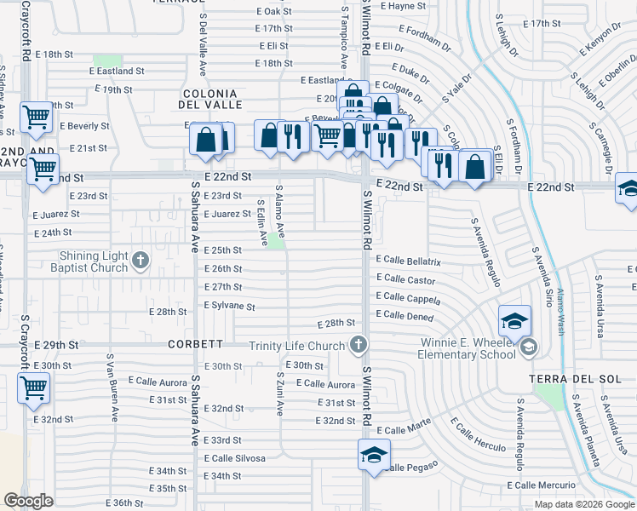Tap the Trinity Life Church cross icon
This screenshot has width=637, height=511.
point(359,345)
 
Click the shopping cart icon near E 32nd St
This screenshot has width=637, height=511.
point(34,388)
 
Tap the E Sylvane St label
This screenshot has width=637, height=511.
point(230,306)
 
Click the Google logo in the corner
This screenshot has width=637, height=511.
point(29,501)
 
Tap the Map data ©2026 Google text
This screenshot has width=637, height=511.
point(584,504)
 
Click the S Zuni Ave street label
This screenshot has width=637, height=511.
point(279,393)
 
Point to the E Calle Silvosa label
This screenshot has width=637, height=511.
point(234,458)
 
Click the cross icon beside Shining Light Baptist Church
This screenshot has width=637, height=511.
point(141,259)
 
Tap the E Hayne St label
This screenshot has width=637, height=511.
point(403,6)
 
